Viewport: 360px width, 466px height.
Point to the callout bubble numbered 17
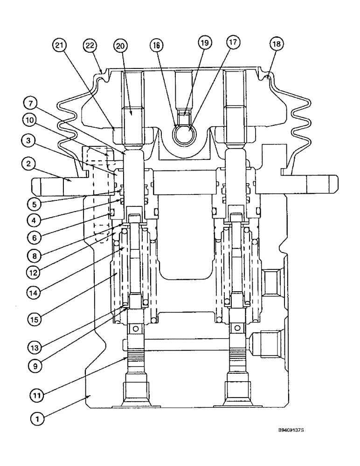(232, 42)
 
